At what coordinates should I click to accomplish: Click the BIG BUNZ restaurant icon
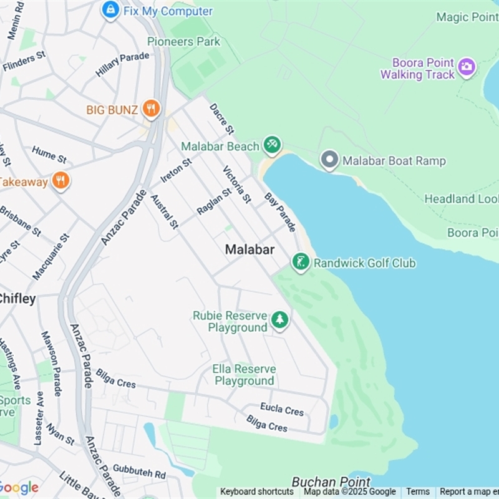151,109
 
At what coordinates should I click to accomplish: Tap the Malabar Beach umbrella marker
271,145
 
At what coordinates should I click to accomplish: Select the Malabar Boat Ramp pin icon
329,160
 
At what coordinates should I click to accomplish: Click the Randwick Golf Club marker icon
301,263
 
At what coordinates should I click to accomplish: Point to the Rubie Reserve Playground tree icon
279,321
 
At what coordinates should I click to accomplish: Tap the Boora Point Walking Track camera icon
466,66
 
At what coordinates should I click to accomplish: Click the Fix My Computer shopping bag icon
110,10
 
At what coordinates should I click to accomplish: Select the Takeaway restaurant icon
61,181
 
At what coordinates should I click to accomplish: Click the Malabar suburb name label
249,249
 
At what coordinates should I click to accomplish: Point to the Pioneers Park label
184,42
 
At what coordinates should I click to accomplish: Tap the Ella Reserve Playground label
244,375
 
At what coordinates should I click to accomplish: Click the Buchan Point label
331,482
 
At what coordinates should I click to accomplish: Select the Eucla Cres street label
282,409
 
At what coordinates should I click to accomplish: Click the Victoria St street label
237,185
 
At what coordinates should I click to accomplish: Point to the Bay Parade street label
280,212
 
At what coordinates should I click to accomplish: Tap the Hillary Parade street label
122,65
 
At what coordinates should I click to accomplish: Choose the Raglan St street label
214,201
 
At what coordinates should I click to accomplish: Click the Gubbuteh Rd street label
139,472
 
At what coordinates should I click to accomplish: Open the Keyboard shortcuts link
256,492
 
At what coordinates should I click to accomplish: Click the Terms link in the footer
418,492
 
